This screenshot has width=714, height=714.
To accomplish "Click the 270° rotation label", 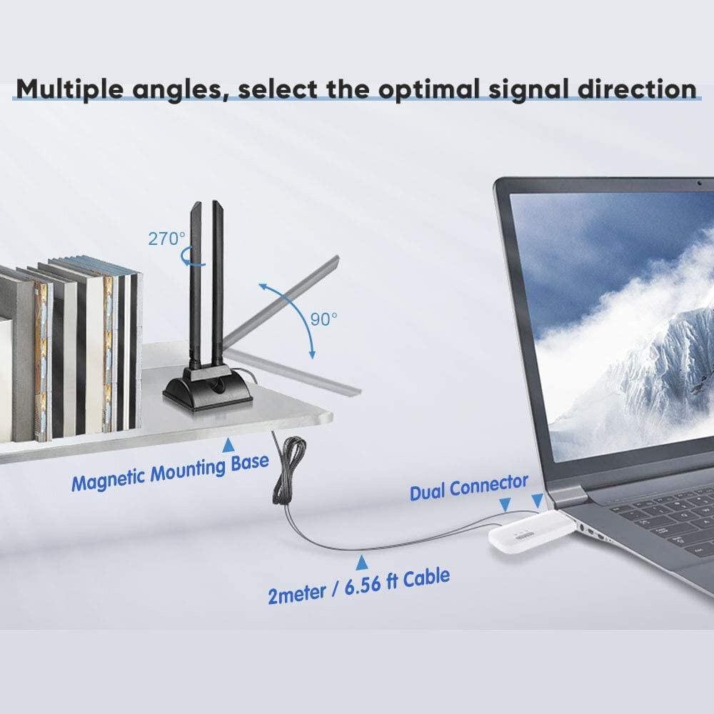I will point(166,238).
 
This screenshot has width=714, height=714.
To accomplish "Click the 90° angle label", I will point(324,319).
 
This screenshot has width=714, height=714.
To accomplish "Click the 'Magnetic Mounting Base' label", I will point(170,473).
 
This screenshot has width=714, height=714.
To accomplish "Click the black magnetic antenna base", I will point(207,388).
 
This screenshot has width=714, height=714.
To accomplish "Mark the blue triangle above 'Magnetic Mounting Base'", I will point(228,446).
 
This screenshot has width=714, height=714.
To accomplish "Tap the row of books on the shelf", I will point(71,350).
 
